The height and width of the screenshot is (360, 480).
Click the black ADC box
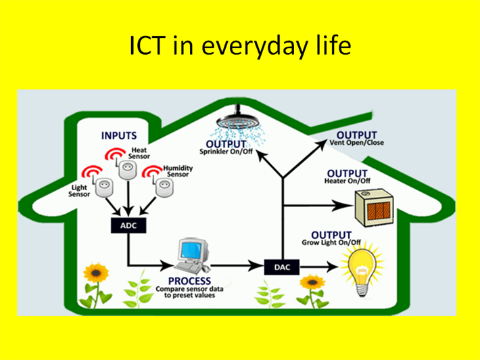tap(128, 225)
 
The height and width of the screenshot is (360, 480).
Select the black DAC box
tap(282, 267)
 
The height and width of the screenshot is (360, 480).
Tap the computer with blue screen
tap(193, 256)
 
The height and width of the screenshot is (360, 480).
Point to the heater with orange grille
tap(373, 208)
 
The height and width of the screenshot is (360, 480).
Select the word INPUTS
tap(119, 135)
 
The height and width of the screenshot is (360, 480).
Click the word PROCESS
tap(189, 281)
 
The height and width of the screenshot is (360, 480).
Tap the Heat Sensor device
tap(128, 169)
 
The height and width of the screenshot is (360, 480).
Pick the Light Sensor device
tap(104, 188)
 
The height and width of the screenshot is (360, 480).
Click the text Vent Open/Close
tap(357, 143)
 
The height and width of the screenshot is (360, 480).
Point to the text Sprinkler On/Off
tap(226, 152)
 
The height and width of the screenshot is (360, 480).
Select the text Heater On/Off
tap(347, 181)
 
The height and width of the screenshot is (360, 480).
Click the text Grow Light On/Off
tap(331, 242)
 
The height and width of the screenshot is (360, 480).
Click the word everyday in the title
tap(254, 47)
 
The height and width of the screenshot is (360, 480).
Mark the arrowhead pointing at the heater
tap(343, 205)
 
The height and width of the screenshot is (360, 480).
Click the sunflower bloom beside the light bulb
tap(312, 283)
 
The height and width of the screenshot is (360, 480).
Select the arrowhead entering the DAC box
tap(256, 266)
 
